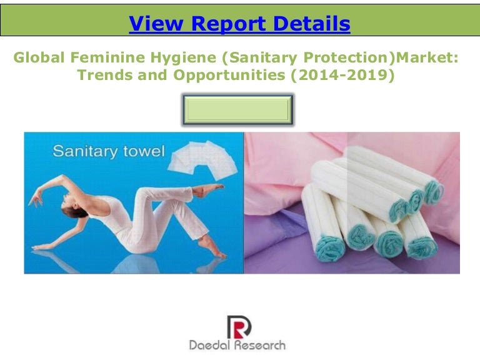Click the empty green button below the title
(238, 110)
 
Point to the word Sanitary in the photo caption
(80, 151)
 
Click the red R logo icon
(238, 326)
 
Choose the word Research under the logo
(260, 345)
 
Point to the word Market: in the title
(425, 59)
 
